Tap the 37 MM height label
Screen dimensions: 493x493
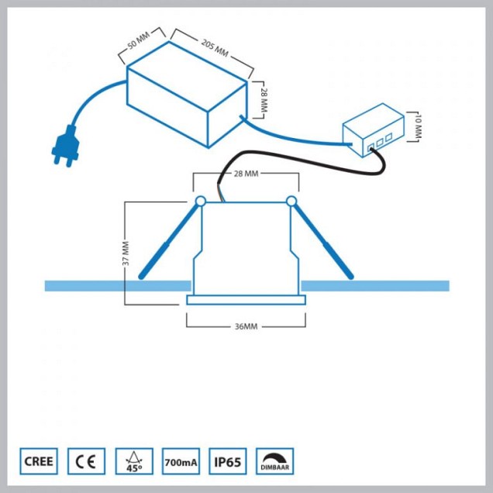click(x=126, y=253)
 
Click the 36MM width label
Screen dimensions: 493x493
click(x=245, y=326)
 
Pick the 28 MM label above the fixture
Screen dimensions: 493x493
click(x=245, y=174)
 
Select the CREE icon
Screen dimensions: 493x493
click(x=39, y=462)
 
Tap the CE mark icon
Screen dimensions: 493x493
click(x=86, y=462)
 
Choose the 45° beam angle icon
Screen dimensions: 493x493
click(x=133, y=462)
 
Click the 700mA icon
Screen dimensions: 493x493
click(x=181, y=462)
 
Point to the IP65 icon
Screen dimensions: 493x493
click(x=228, y=462)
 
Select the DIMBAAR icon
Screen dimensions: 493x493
click(x=275, y=462)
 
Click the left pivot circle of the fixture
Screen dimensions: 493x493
click(x=199, y=202)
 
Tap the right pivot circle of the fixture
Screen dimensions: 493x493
click(x=291, y=202)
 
